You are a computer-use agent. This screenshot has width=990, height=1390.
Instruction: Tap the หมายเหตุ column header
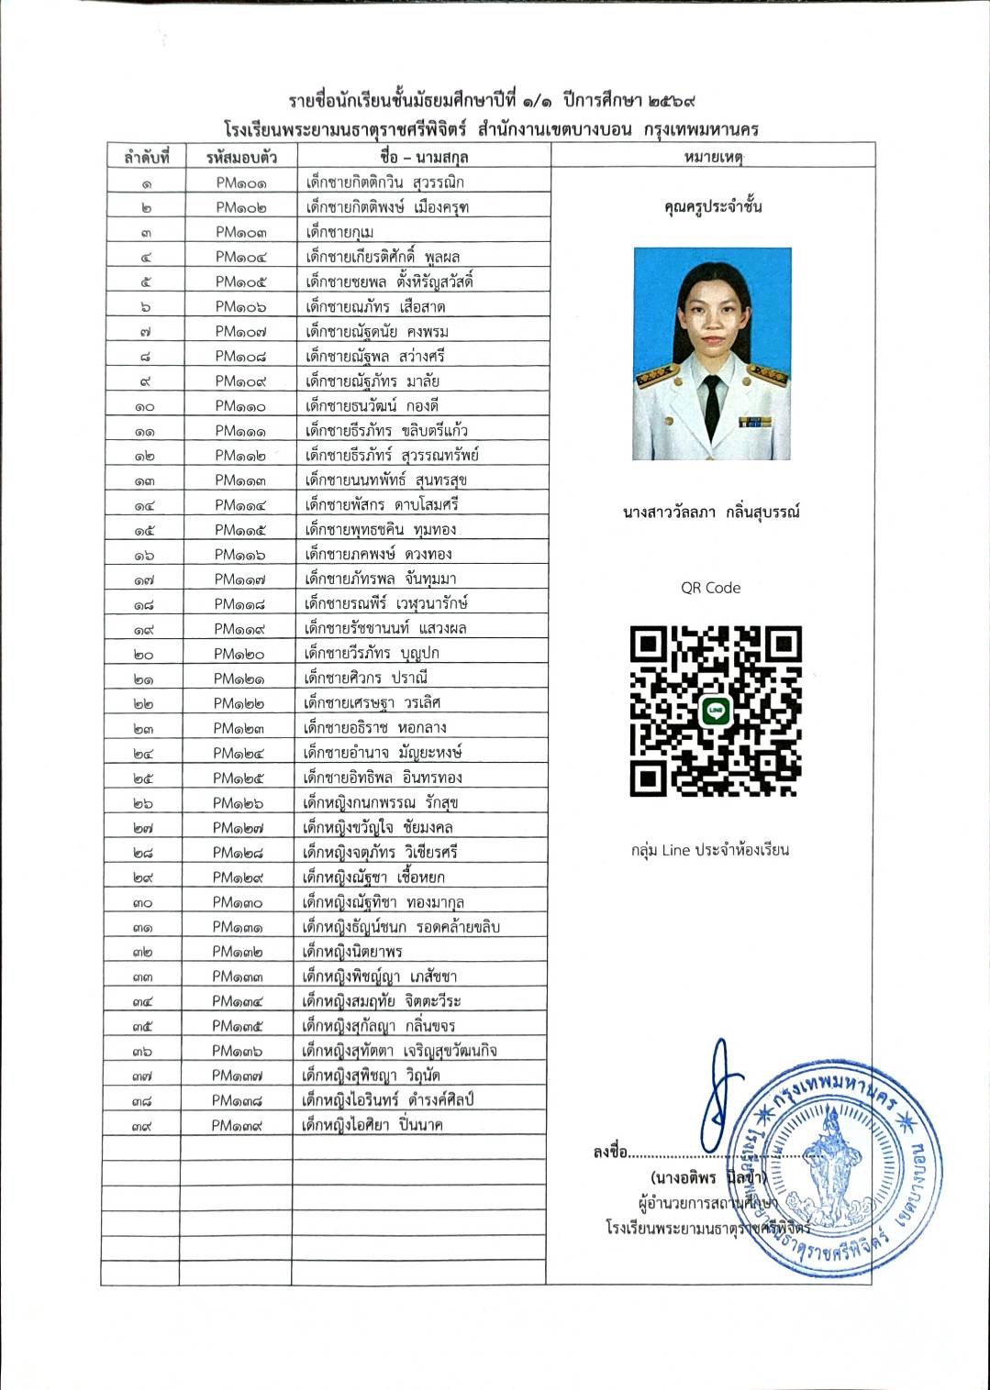(712, 157)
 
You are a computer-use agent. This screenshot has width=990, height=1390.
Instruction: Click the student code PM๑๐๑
(241, 182)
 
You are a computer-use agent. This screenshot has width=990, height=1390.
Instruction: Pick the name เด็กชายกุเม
(339, 232)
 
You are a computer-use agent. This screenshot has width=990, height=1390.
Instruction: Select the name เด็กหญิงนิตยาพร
(352, 952)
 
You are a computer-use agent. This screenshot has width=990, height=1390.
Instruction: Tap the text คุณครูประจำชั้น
(712, 207)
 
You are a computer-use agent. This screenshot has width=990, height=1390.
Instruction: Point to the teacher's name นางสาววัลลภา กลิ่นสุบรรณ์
(711, 513)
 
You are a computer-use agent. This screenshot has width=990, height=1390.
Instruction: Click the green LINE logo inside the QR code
(716, 712)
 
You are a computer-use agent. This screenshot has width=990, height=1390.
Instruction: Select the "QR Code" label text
(710, 589)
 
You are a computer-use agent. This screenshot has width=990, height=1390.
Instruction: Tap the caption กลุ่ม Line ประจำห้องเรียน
(710, 851)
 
